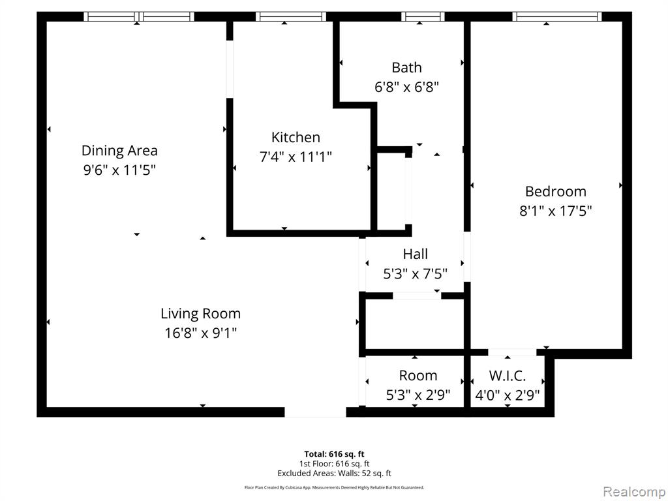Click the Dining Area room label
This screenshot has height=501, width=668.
pos(119,151)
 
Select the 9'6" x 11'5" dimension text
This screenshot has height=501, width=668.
pos(119,170)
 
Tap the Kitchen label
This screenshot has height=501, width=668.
pos(296,138)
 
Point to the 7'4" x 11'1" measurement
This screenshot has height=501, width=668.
pos(296,157)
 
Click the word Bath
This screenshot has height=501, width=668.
pos(406,67)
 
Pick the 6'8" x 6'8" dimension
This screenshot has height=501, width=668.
pos(406,87)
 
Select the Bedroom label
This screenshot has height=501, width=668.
pos(556,191)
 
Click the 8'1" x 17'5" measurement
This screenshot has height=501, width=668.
pos(556,211)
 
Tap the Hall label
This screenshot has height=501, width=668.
pos(416,254)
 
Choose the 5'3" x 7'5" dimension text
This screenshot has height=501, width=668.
pos(416,273)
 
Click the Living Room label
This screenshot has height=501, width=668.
pos(200,313)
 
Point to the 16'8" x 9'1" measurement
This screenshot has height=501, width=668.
pos(200,333)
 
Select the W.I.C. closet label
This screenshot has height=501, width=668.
pos(508,376)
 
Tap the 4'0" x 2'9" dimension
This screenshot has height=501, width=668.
pos(508,395)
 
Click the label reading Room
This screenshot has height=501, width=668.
pos(418,376)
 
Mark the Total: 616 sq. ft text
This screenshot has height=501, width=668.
pos(334,454)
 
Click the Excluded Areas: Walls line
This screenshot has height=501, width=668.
pos(334,473)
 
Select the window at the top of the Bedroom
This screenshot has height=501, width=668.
pos(556,16)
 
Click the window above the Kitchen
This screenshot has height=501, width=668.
pos(290,16)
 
